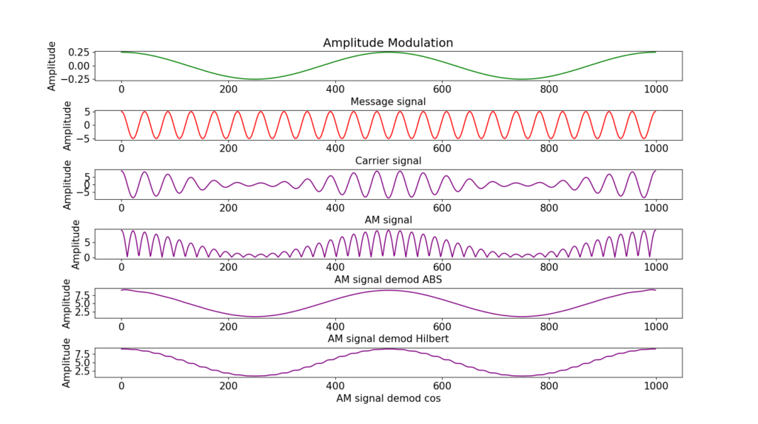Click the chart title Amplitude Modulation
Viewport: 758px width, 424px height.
point(388,43)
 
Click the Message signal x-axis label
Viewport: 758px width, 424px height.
point(388,101)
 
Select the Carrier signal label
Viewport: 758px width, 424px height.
point(388,161)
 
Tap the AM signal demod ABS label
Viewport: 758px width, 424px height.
point(388,279)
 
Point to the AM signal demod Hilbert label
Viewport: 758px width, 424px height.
point(388,338)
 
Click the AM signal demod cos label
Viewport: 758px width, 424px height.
point(388,398)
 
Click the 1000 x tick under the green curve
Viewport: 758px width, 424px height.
point(655,89)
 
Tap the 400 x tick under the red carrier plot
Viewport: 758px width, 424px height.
point(335,148)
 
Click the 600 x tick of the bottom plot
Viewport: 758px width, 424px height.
point(442,386)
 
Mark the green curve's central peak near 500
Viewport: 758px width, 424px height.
point(389,52)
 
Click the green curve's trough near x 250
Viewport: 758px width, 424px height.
point(255,79)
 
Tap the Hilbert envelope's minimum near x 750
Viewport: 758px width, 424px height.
point(522,317)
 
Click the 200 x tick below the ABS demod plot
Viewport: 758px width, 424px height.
point(228,266)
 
